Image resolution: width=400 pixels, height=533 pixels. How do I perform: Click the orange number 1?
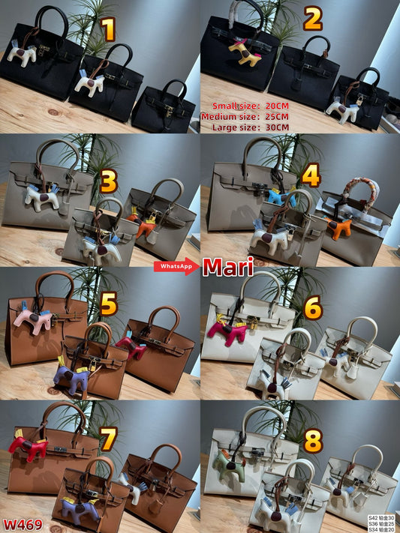pyautogui.click(x=110, y=30)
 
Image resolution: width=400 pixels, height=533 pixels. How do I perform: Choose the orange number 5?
pyautogui.click(x=110, y=304)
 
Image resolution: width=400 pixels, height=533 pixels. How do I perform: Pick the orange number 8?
pyautogui.click(x=312, y=442)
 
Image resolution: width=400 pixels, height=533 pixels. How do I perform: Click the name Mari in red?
pyautogui.click(x=228, y=266)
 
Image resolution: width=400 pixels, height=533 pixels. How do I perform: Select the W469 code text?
pyautogui.click(x=23, y=524)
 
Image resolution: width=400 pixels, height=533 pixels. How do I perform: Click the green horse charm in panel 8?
pyautogui.click(x=227, y=460)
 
